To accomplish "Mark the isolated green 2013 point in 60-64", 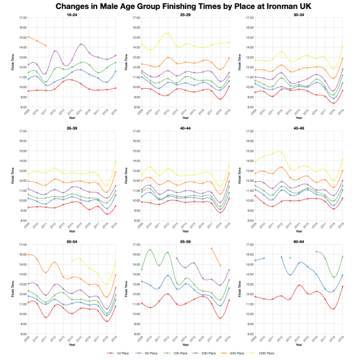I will click(x=290, y=258).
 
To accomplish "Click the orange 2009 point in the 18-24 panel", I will click(x=28, y=37).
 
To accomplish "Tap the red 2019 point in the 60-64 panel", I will click(x=342, y=286).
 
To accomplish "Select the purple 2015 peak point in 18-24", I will click(x=80, y=44).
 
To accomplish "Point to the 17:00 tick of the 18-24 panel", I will click(x=23, y=18).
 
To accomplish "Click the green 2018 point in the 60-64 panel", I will click(x=333, y=278).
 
